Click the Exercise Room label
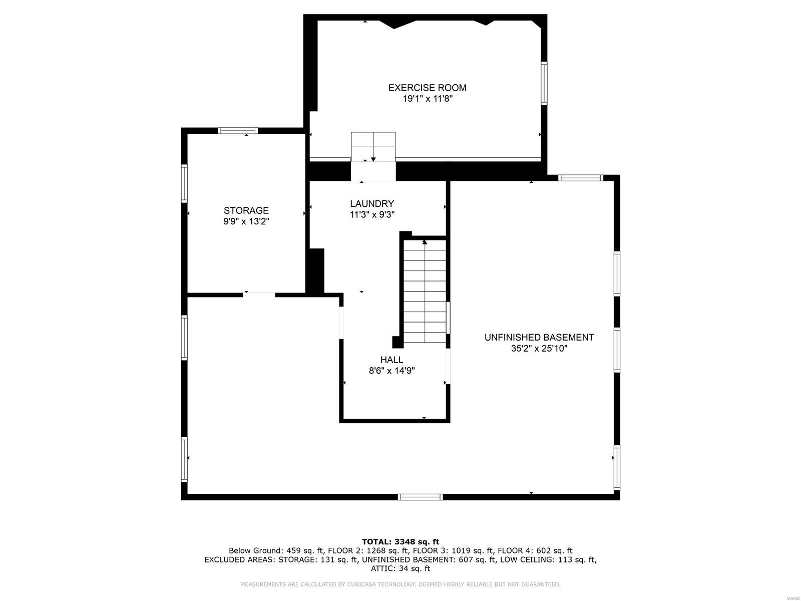pyautogui.click(x=427, y=88)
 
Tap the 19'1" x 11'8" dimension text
pyautogui.click(x=427, y=99)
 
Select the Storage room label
pyautogui.click(x=246, y=210)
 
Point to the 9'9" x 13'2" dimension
pyautogui.click(x=246, y=222)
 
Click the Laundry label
pyautogui.click(x=371, y=203)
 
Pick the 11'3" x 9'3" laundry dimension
pyautogui.click(x=371, y=215)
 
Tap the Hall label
pyautogui.click(x=391, y=360)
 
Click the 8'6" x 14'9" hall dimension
pyautogui.click(x=391, y=371)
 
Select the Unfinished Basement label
pyautogui.click(x=539, y=338)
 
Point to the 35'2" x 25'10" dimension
pyautogui.click(x=539, y=349)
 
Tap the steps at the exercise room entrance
pyautogui.click(x=373, y=146)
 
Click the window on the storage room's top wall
pyautogui.click(x=238, y=131)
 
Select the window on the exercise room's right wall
pyautogui.click(x=544, y=83)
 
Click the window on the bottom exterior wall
pyautogui.click(x=420, y=497)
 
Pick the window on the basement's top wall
pyautogui.click(x=581, y=178)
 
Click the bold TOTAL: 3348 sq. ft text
pyautogui.click(x=400, y=541)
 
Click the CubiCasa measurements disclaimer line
pyautogui.click(x=400, y=584)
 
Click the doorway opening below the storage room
pyautogui.click(x=259, y=294)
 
